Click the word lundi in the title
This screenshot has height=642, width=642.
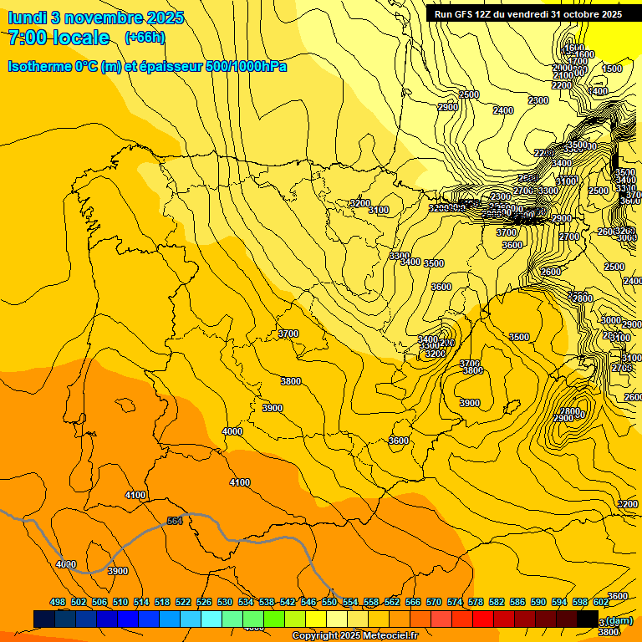click(x=28, y=18)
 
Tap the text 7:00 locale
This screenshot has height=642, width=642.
click(x=59, y=38)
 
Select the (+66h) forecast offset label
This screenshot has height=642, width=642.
click(x=145, y=38)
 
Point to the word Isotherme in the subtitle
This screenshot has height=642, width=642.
click(x=38, y=66)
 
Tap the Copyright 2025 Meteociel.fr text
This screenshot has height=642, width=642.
click(x=354, y=636)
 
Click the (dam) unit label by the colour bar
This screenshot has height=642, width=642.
click(x=619, y=620)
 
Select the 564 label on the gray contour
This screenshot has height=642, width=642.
click(x=175, y=521)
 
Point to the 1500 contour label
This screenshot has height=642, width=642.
click(x=612, y=69)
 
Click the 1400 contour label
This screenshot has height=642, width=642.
click(x=598, y=91)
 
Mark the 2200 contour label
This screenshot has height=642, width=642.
click(x=562, y=85)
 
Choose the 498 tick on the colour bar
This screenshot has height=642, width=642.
click(x=58, y=602)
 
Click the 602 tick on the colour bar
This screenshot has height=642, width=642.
click(x=601, y=602)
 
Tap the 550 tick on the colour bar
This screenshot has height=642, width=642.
click(x=329, y=602)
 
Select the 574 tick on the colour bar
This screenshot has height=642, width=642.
click(x=455, y=602)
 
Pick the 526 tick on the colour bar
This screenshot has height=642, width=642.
click(x=204, y=602)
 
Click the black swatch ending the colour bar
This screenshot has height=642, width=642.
click(x=588, y=619)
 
